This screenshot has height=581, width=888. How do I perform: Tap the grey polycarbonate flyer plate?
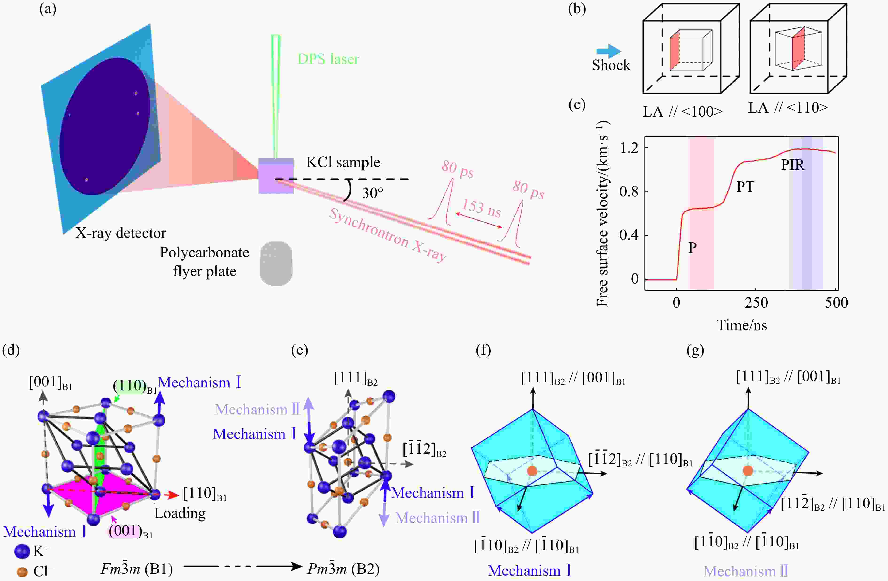tap(276, 263)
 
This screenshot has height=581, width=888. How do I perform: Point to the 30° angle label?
tap(372, 193)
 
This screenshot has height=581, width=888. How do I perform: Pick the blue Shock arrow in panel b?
tap(608, 51)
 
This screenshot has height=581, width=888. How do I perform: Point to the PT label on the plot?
tap(745, 187)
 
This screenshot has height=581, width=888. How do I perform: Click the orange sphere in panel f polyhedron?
tap(532, 471)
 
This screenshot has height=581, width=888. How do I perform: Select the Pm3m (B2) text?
tap(343, 569)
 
